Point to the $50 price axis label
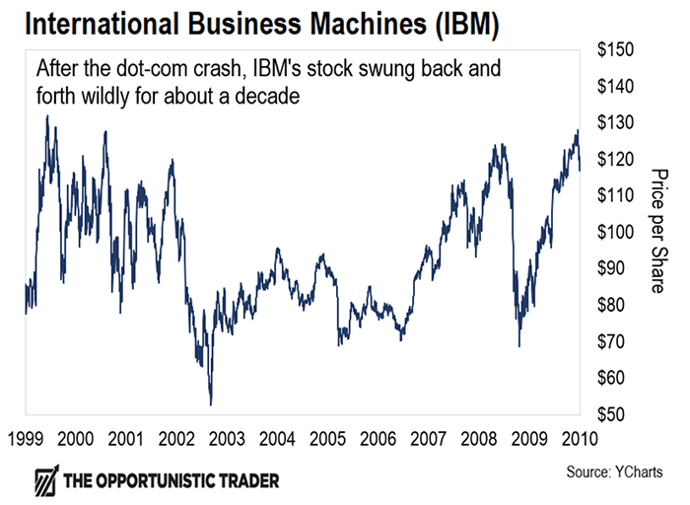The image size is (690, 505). [x=614, y=414]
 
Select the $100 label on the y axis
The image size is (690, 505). [x=618, y=232]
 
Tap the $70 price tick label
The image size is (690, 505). [x=614, y=341]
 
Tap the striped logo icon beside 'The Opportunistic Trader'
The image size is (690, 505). [x=44, y=481]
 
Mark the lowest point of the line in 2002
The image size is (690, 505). [x=210, y=404]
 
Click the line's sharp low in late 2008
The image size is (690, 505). [x=518, y=347]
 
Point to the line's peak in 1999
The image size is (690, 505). [x=46, y=115]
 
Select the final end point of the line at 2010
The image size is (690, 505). [x=580, y=170]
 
